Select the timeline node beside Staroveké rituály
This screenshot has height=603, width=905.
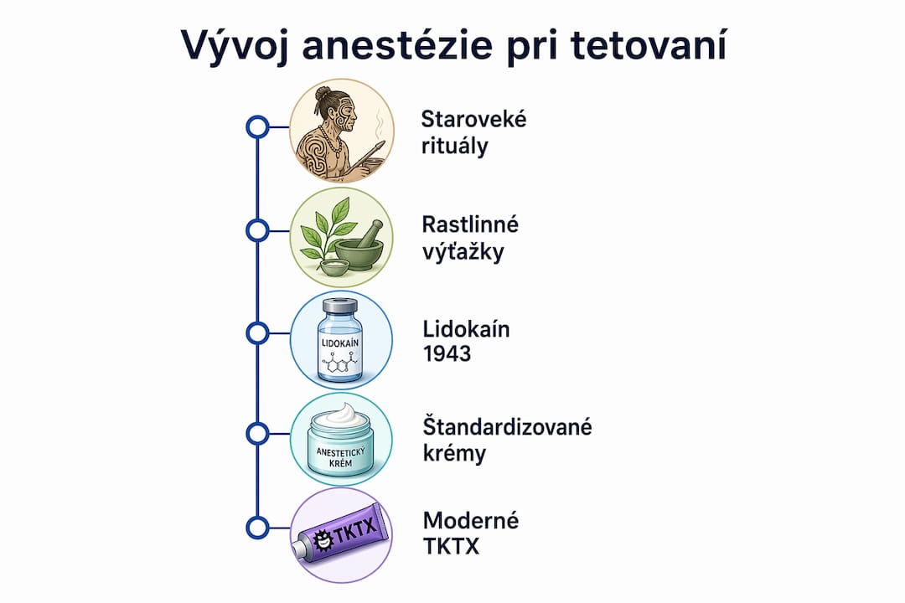257,127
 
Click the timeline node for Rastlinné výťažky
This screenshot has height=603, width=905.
257,231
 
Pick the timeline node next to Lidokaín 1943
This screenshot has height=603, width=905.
257,333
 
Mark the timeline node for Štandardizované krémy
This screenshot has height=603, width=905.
257,433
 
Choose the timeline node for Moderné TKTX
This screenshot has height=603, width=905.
257,528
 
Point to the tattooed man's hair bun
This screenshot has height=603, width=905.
323,92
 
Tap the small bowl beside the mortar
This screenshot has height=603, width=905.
334,267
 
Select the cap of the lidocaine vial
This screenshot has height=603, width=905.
339,305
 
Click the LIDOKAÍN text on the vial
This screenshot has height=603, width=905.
339,343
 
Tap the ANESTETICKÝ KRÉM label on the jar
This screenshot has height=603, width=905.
340,457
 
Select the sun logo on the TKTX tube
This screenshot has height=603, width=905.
322,541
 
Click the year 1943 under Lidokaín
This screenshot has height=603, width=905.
447,353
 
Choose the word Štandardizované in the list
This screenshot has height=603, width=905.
507,427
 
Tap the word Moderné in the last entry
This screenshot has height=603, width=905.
471,520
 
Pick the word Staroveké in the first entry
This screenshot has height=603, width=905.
473,120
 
